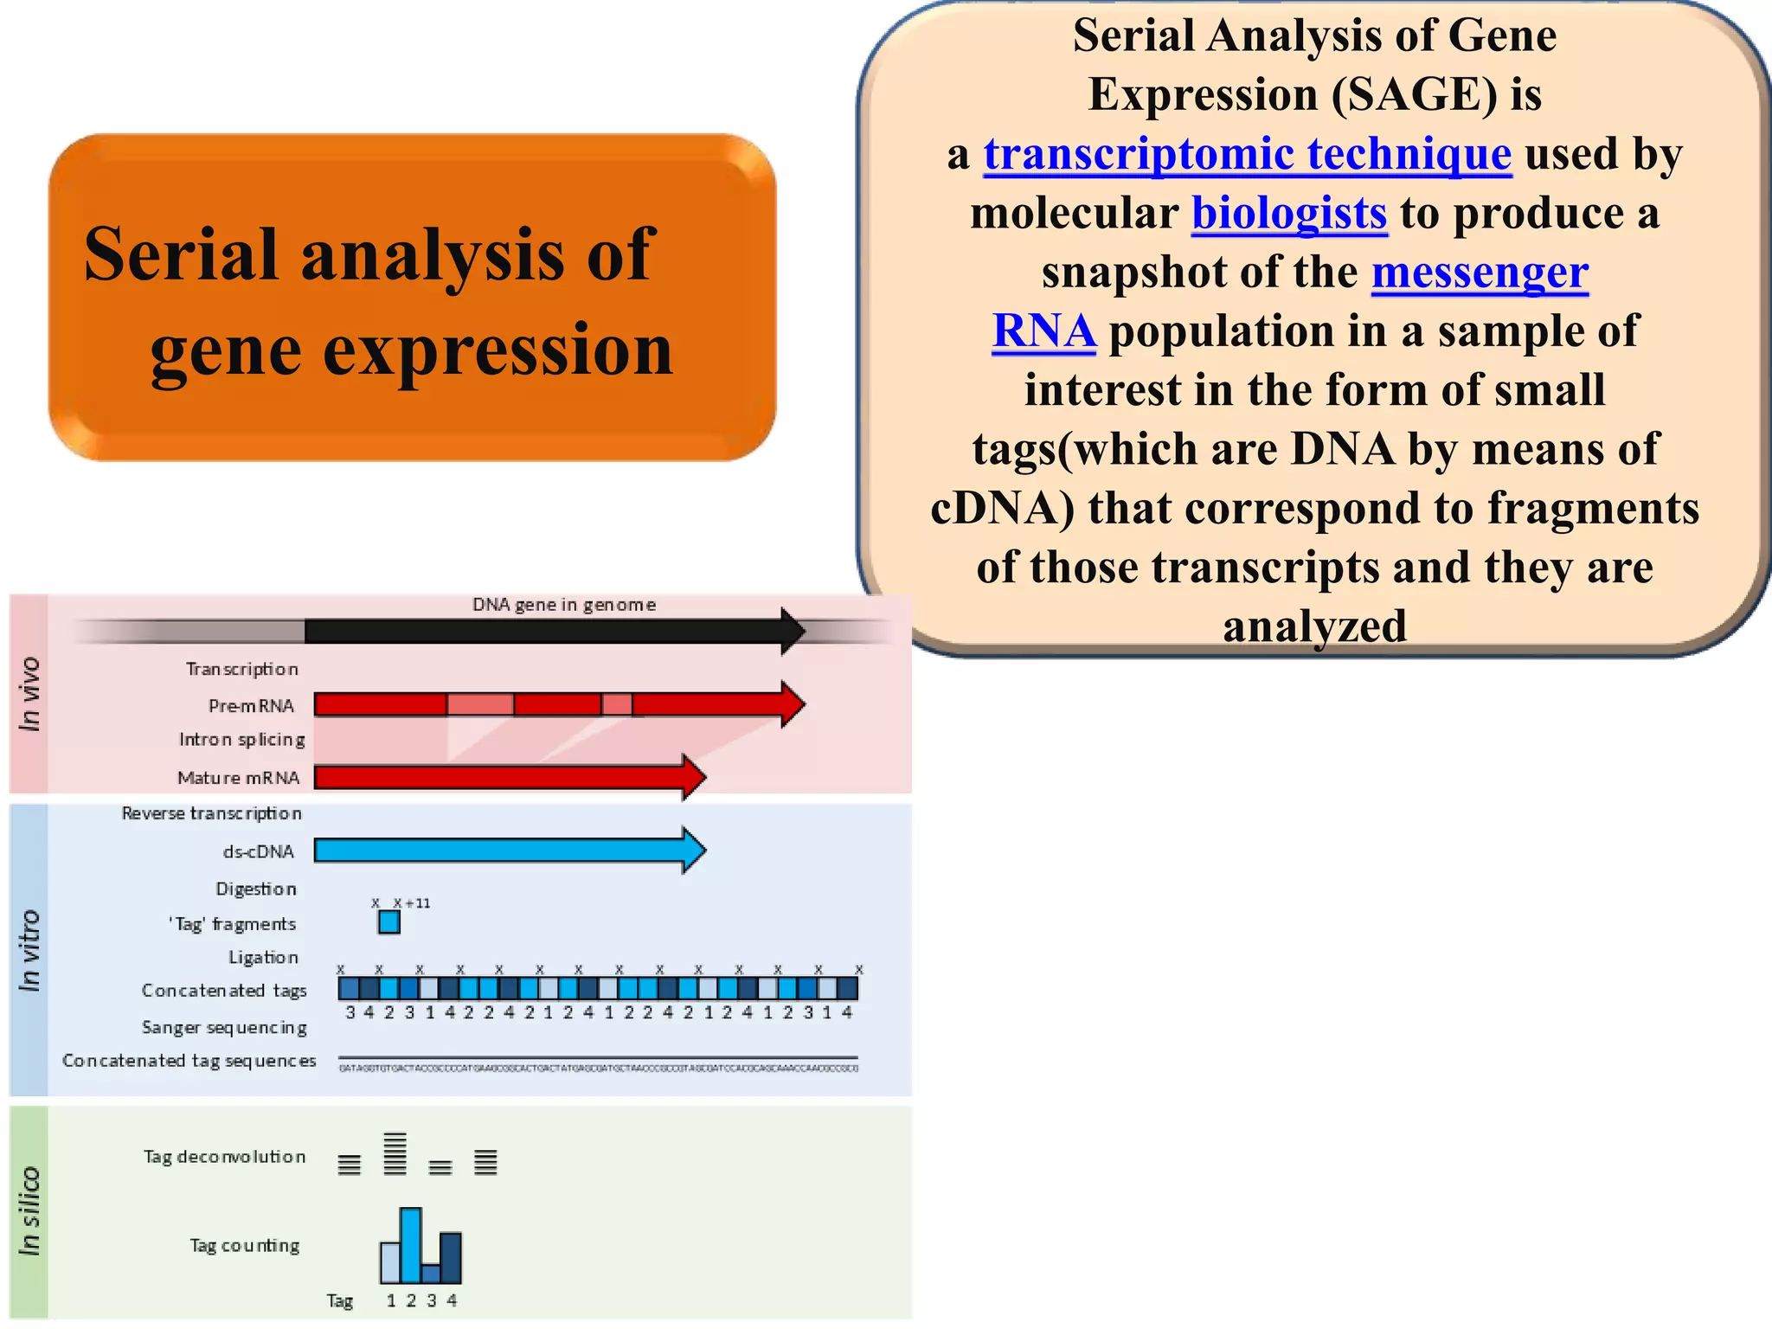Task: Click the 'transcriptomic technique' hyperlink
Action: pyautogui.click(x=1247, y=156)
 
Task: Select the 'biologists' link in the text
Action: pyautogui.click(x=1289, y=214)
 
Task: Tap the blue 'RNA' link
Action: pyautogui.click(x=1044, y=331)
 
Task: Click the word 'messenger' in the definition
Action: pyautogui.click(x=1480, y=273)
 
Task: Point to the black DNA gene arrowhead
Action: pyautogui.click(x=792, y=631)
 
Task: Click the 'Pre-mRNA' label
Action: pyautogui.click(x=251, y=706)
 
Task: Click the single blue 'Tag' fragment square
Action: pyautogui.click(x=389, y=922)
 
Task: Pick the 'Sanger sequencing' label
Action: pyautogui.click(x=224, y=1027)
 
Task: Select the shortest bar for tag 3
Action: pyautogui.click(x=431, y=1273)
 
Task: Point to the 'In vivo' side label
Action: pyautogui.click(x=29, y=694)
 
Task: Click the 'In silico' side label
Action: pyautogui.click(x=29, y=1211)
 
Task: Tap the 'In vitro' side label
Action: pyautogui.click(x=29, y=950)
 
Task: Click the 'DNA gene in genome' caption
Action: pyautogui.click(x=564, y=605)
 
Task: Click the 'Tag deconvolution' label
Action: pyautogui.click(x=224, y=1157)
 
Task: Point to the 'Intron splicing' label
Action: pyautogui.click(x=241, y=740)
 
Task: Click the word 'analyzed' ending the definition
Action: pyautogui.click(x=1314, y=626)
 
